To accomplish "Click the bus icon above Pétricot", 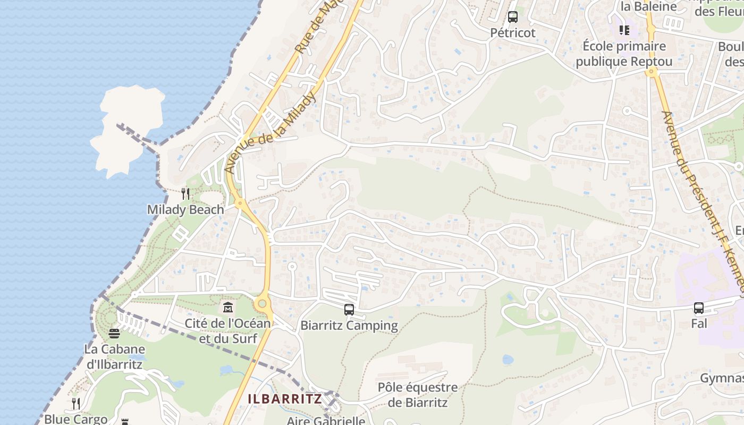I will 512,17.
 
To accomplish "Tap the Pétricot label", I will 512,33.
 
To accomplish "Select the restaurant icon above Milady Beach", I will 185,194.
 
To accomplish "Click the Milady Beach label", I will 185,210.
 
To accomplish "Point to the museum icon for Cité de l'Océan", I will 228,307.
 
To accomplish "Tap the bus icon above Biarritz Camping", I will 349,310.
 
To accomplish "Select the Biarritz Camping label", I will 349,326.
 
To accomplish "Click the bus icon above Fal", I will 698,308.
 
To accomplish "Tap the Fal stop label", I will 698,323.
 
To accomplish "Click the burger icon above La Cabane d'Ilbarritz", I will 114,334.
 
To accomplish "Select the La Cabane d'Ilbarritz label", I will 114,357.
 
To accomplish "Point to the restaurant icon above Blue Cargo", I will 75,404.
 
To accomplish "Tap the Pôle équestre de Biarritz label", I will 418,395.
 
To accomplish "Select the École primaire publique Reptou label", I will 624,54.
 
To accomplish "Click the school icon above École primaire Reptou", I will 624,30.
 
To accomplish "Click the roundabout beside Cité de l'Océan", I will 261,304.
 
